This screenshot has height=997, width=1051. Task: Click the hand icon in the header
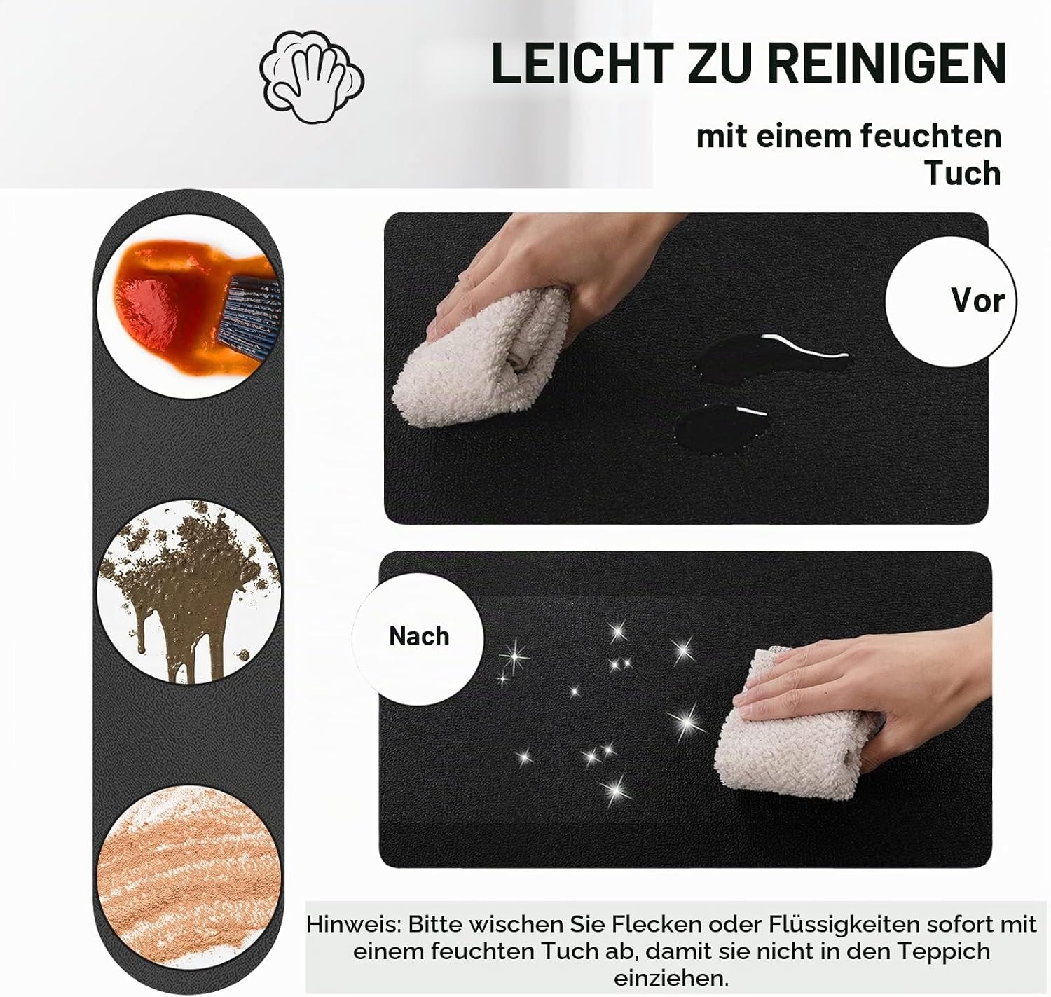click(312, 76)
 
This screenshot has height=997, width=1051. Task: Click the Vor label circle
click(951, 301)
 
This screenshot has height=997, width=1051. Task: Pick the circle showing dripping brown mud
click(189, 592)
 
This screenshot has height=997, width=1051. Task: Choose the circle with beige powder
click(189, 876)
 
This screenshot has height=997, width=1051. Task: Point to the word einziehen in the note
click(671, 979)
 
